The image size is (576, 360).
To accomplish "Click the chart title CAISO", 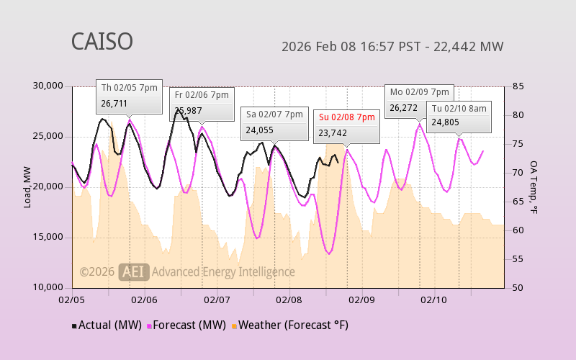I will pyautogui.click(x=102, y=42).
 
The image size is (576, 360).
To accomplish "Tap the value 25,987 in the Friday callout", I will pyautogui.click(x=189, y=111).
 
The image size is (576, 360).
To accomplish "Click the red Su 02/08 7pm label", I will pyautogui.click(x=347, y=117).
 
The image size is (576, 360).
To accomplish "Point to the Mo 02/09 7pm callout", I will pyautogui.click(x=419, y=92).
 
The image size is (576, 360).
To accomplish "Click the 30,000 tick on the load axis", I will pyautogui.click(x=49, y=86).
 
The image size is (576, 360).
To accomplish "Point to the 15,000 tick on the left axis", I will pyautogui.click(x=49, y=237).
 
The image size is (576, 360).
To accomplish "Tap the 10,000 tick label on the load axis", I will pyautogui.click(x=49, y=287).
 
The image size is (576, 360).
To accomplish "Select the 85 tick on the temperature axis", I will pyautogui.click(x=518, y=86).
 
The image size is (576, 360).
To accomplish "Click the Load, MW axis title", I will pyautogui.click(x=27, y=187).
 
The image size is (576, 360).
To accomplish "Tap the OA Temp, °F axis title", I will pyautogui.click(x=534, y=187).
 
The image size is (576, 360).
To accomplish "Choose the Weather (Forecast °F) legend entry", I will pyautogui.click(x=290, y=325).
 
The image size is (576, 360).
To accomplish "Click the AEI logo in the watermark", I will pyautogui.click(x=134, y=271).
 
